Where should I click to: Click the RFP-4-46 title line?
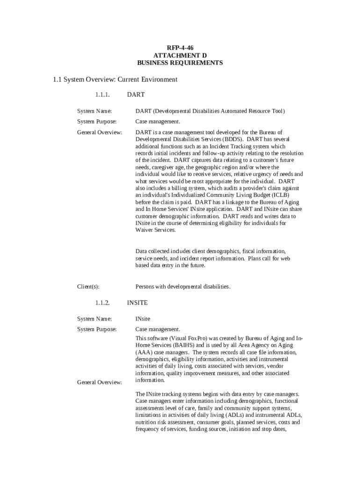(x=180, y=48)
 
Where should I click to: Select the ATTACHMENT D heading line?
(x=180, y=55)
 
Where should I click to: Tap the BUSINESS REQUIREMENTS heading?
(x=180, y=63)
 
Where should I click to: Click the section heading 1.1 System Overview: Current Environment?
(x=115, y=80)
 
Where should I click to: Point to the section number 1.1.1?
(x=102, y=95)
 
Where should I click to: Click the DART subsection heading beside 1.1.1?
(x=136, y=95)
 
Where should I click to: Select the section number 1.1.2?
(x=102, y=303)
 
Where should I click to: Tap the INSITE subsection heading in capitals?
(x=137, y=303)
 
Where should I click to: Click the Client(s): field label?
(x=88, y=286)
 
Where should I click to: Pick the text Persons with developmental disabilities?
(x=183, y=286)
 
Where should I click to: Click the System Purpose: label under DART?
(x=97, y=122)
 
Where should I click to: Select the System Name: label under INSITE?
(x=94, y=319)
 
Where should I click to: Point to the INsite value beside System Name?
(x=143, y=319)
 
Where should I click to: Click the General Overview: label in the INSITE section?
(x=100, y=383)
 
